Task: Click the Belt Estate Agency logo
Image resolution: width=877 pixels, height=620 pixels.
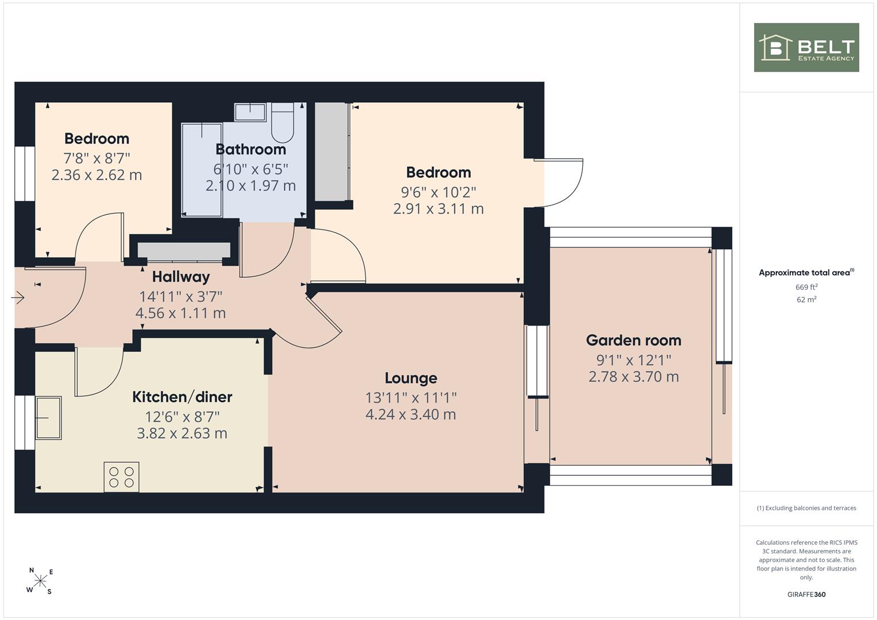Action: [x=806, y=47]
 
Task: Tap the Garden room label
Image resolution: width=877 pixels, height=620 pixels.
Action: [x=633, y=340]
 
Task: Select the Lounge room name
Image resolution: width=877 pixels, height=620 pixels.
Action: [x=411, y=378]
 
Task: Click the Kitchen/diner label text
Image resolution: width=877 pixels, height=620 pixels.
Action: [x=182, y=397]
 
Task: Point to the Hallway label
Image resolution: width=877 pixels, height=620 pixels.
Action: [x=181, y=277]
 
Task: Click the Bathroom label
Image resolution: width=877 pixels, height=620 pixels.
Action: [x=250, y=149]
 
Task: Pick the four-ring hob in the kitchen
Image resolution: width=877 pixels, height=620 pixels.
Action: [x=121, y=477]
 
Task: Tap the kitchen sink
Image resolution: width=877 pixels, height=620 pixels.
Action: [x=49, y=418]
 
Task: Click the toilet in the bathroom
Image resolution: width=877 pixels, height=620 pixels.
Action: [x=283, y=122]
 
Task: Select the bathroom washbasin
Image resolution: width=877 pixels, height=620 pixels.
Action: [x=250, y=112]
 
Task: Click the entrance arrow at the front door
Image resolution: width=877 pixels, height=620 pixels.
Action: [x=18, y=298]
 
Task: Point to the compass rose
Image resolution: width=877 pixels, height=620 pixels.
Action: [x=40, y=580]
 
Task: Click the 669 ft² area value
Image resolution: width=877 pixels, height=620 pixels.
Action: [x=806, y=287]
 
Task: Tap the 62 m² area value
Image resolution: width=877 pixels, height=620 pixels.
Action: [x=806, y=300]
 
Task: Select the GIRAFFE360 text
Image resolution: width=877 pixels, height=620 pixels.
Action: [x=806, y=594]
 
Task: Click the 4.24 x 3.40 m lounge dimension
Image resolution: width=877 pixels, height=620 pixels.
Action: [x=411, y=414]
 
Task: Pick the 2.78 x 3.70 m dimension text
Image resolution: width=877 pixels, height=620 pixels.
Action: [x=633, y=377]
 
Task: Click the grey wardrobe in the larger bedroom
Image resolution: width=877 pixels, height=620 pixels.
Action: [x=332, y=152]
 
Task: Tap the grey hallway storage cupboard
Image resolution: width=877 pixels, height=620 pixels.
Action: [x=184, y=251]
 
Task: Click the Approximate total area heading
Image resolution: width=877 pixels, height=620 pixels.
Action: [x=806, y=273]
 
